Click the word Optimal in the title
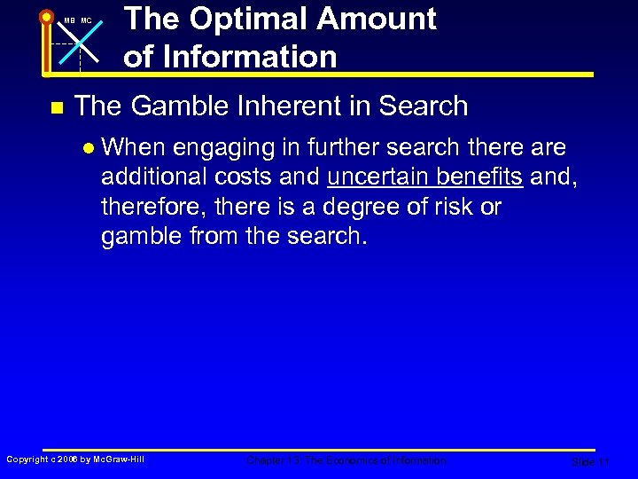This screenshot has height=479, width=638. click(x=245, y=19)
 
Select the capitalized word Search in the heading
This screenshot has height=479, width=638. click(x=423, y=106)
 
